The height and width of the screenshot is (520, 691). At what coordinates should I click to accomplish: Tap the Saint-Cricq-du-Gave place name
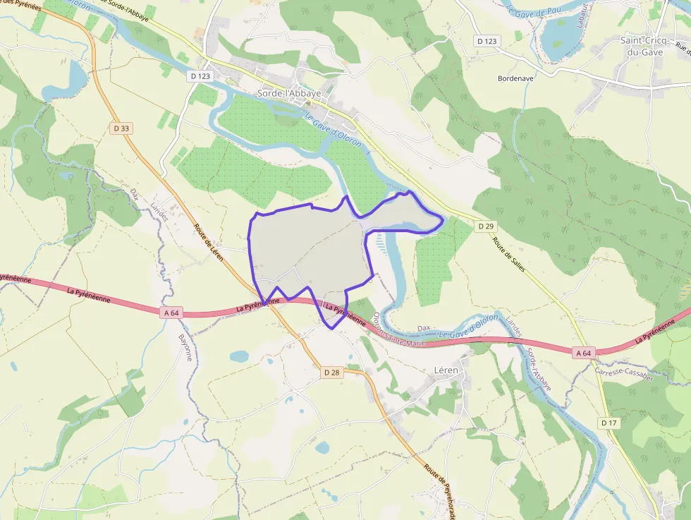click(x=646, y=47)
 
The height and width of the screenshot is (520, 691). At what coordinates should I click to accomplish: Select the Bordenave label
click(x=515, y=78)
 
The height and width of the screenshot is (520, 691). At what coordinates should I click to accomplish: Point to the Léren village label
click(x=446, y=370)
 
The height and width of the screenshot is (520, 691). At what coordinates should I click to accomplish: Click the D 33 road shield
click(x=121, y=128)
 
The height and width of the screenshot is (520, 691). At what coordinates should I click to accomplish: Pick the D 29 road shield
click(x=486, y=226)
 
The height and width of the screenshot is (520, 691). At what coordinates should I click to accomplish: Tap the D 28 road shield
click(x=332, y=372)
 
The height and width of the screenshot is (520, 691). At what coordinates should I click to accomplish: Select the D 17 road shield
click(x=609, y=423)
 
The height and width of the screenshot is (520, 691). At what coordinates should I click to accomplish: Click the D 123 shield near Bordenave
click(x=487, y=41)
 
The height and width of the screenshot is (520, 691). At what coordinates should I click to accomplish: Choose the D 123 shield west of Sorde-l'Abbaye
click(x=200, y=75)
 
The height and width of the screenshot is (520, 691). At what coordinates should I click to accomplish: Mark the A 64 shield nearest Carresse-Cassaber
click(x=582, y=353)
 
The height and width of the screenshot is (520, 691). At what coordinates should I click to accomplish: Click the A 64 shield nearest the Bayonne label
click(x=170, y=313)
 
